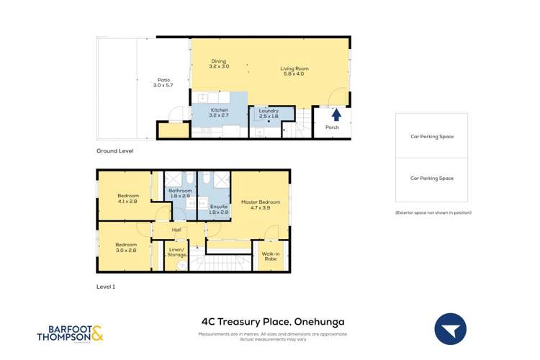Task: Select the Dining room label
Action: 219,63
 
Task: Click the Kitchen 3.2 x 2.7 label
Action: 219,112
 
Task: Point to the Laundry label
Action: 268,113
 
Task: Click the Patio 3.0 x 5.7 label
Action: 163,83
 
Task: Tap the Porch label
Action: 332,127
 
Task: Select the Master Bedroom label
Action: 260,204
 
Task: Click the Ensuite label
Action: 219,210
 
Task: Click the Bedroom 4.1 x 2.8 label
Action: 127,198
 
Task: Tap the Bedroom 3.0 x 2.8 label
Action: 126,247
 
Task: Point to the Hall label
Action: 176,230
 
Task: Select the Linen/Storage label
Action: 176,252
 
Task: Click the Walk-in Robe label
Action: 271,256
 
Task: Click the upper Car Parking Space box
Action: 431,135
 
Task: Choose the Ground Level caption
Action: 115,151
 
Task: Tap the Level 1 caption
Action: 106,287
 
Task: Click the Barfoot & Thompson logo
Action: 70,334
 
